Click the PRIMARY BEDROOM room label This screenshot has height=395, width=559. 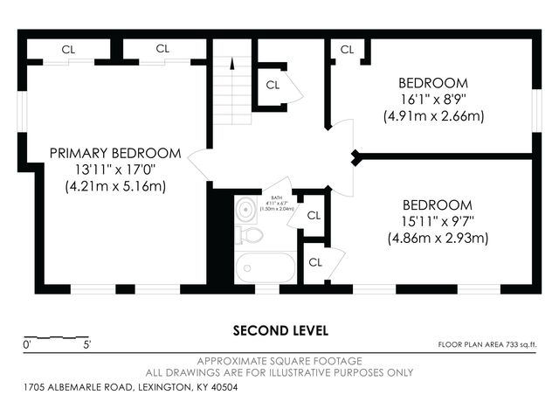coord(115,153)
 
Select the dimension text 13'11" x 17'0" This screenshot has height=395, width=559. coord(115,170)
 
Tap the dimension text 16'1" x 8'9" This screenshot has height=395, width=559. coord(433,99)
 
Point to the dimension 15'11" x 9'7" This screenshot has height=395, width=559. coord(438,221)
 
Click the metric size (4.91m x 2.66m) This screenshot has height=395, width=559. coord(433,115)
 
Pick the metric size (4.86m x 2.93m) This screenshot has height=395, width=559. coord(438,238)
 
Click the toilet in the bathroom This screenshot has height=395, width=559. coord(251,234)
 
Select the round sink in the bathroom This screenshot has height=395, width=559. coord(246,208)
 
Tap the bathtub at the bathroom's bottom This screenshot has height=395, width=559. coord(266,267)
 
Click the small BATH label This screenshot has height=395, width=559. coord(276,198)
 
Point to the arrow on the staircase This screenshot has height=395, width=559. coord(232,63)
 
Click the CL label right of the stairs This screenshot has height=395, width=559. coord(273,85)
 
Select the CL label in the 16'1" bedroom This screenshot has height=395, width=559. coord(347,50)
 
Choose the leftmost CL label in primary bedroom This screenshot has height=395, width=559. coord(68,50)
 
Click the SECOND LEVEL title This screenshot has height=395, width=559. coord(280,330)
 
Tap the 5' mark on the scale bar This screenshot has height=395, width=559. coord(86,345)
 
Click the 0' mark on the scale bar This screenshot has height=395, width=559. coord(27,345)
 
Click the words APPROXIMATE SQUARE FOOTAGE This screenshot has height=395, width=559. coord(280,360)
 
